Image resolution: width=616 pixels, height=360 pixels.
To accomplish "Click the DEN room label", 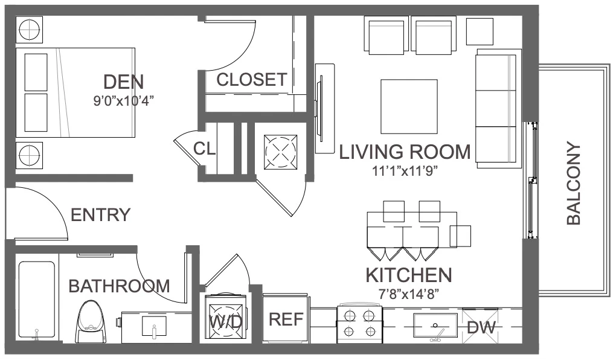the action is [123, 82].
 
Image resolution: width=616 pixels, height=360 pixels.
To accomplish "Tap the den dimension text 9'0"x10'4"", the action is [123, 101].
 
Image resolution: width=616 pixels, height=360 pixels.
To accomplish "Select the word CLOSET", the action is [251, 80].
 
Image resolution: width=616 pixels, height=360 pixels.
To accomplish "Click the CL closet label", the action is [204, 149].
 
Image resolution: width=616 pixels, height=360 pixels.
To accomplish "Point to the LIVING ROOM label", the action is [405, 152].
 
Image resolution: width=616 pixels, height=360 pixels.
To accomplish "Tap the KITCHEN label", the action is [409, 275].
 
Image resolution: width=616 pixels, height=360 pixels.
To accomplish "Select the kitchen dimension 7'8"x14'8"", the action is [409, 294].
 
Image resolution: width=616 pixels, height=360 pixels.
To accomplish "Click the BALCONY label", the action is [574, 184].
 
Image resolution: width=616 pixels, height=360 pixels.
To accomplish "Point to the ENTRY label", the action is [100, 215].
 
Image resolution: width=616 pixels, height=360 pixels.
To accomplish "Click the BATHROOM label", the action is [119, 286].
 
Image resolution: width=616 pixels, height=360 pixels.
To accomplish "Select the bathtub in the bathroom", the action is [36, 300].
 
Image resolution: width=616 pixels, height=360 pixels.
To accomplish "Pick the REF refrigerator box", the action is [286, 319].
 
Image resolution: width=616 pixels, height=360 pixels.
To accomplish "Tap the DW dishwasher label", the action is [481, 327].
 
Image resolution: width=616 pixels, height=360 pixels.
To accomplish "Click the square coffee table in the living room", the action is [409, 106].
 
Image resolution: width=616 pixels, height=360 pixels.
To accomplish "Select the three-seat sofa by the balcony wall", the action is [498, 109].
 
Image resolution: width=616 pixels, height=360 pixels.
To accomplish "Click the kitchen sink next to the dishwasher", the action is [435, 326].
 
